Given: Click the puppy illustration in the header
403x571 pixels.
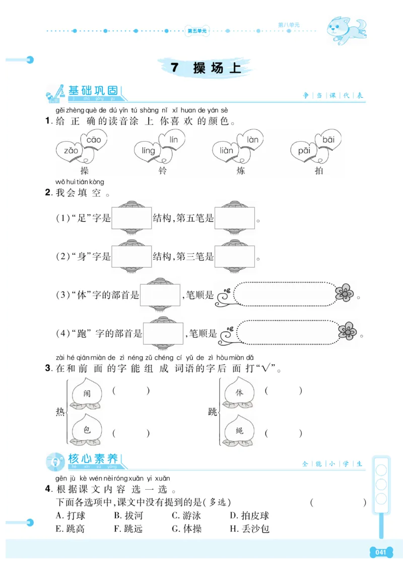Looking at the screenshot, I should pyautogui.click(x=346, y=28).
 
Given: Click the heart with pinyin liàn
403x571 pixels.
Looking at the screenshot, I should pyautogui.click(x=226, y=150).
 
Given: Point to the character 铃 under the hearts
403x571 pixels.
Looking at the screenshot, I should pyautogui.click(x=162, y=170).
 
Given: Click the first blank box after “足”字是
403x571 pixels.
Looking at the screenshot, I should pyautogui.click(x=131, y=218).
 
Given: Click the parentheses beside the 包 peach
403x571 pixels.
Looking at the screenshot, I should pyautogui.click(x=131, y=433).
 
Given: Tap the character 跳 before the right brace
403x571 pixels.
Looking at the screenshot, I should pyautogui.click(x=213, y=412).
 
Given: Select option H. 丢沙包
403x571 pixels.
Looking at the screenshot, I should pyautogui.click(x=250, y=529).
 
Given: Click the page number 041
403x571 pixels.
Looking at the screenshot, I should pyautogui.click(x=381, y=552).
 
